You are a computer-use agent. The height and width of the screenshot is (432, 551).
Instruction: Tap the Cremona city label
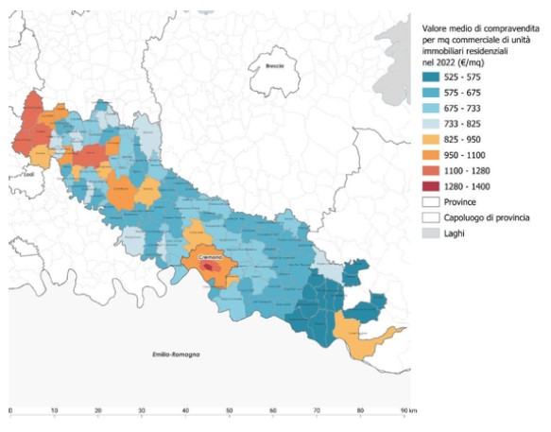point(211,257)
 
